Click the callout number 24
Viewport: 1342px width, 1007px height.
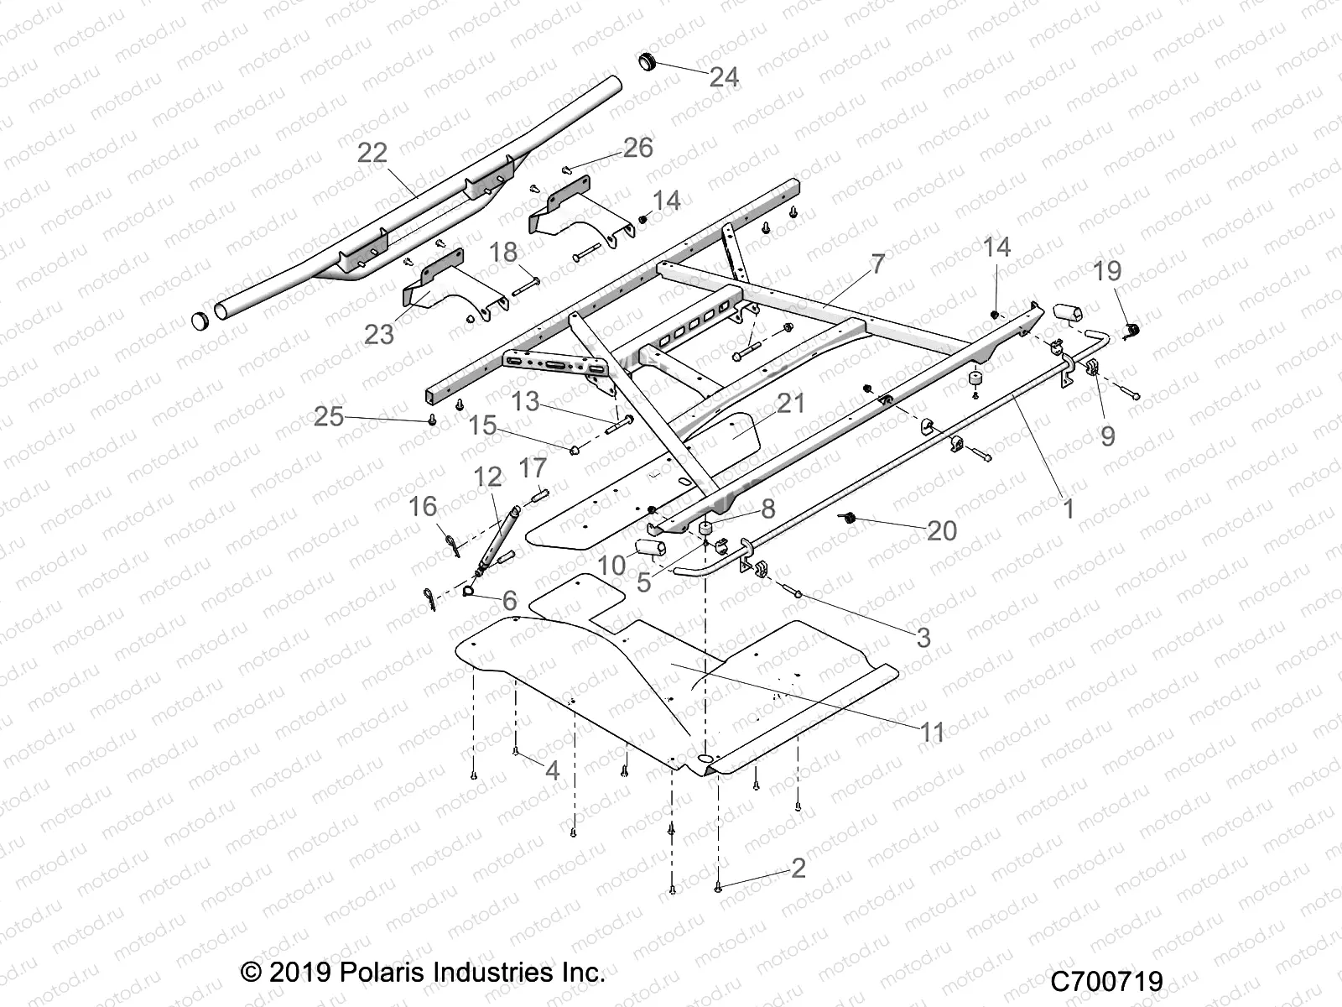(x=724, y=77)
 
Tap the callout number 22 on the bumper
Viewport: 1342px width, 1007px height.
(x=372, y=152)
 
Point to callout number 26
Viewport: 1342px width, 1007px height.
(x=637, y=148)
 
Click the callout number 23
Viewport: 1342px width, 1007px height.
(x=379, y=334)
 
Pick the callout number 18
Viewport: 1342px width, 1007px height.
(x=504, y=252)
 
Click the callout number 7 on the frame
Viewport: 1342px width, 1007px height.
(x=877, y=264)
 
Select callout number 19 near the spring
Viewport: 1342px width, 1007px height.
(x=1107, y=270)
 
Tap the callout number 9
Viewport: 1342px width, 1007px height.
(x=1107, y=436)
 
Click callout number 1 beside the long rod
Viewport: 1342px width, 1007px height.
(x=1068, y=508)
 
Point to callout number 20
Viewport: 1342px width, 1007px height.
(x=942, y=530)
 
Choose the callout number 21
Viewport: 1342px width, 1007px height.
(x=790, y=403)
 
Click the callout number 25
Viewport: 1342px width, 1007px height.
(x=329, y=415)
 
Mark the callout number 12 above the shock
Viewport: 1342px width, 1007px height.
(x=487, y=477)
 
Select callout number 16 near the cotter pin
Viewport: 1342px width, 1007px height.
(x=423, y=506)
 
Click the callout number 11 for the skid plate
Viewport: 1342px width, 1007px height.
(x=932, y=732)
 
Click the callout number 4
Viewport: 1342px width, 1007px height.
(x=552, y=770)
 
